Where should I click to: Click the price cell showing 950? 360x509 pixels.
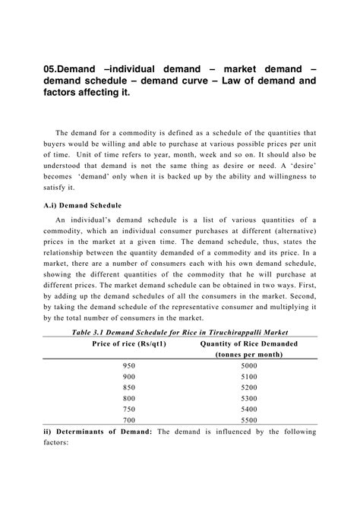130,365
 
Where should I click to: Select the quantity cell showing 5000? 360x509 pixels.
249,365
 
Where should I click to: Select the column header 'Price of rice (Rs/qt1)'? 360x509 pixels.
130,343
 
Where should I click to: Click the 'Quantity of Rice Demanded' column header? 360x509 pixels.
248,343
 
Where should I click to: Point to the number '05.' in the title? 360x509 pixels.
52,69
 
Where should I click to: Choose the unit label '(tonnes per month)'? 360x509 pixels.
249,354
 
